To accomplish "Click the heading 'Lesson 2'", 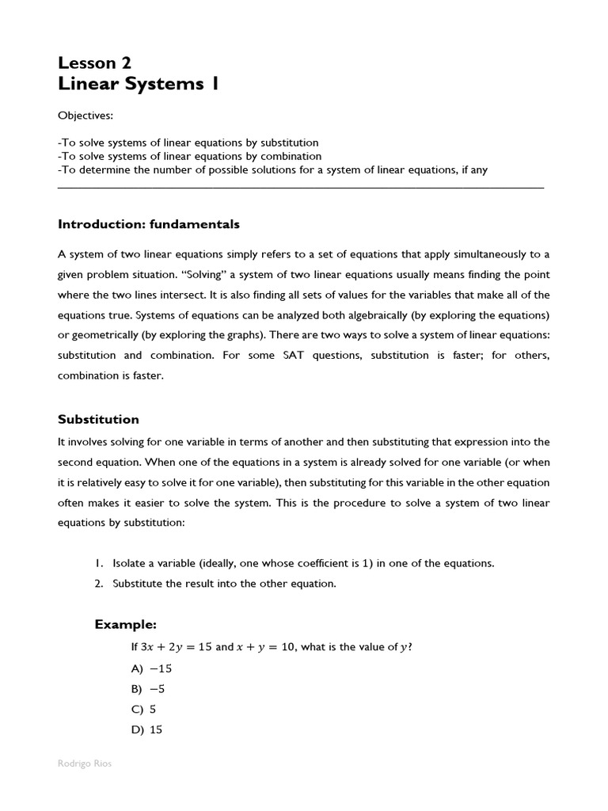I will click(x=94, y=63).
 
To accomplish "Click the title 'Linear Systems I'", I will click(x=138, y=84).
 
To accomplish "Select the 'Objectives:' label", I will click(x=85, y=116).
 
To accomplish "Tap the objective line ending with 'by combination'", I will click(x=190, y=156).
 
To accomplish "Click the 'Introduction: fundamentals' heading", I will click(x=148, y=224).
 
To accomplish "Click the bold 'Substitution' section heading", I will click(x=98, y=419).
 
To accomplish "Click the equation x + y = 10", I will click(x=266, y=647).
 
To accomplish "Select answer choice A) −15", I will click(x=152, y=668).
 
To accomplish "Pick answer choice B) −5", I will click(x=149, y=689).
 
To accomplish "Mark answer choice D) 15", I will click(x=147, y=730).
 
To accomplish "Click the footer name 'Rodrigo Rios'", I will click(x=85, y=764).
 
